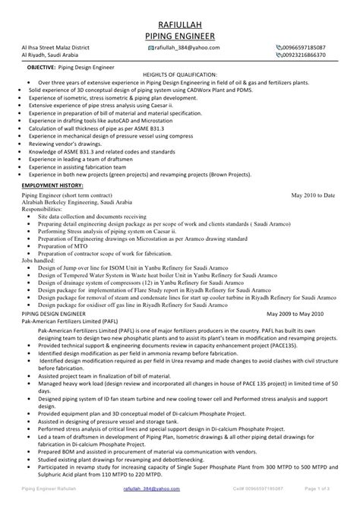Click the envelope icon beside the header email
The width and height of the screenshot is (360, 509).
coord(150,47)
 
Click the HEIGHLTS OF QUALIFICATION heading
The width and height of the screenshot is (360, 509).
coord(180,74)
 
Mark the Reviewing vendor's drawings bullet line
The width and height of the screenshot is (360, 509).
coord(71,122)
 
